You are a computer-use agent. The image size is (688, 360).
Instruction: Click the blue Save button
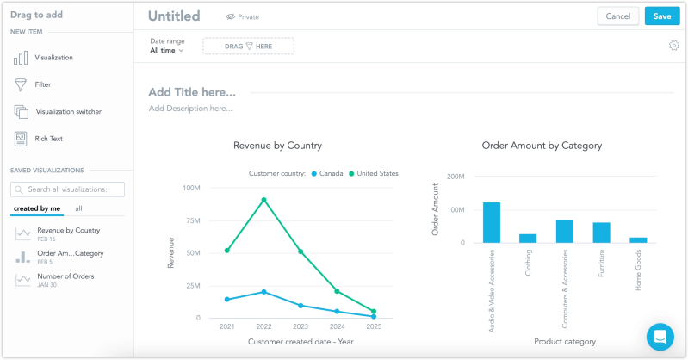click(661, 16)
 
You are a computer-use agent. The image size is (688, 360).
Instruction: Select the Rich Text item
click(48, 138)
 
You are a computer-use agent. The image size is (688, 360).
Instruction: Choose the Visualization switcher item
click(67, 111)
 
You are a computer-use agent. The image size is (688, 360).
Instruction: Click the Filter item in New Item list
click(42, 84)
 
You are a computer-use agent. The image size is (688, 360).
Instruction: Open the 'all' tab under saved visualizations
click(78, 208)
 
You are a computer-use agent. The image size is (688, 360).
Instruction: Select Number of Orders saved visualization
click(65, 276)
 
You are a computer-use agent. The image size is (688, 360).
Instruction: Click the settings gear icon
click(673, 46)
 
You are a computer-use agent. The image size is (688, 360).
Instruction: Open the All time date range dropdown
click(167, 51)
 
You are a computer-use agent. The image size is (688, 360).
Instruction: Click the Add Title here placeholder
click(192, 92)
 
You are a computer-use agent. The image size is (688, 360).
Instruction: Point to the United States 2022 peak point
click(263, 200)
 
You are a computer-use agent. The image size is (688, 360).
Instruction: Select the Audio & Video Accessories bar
click(492, 222)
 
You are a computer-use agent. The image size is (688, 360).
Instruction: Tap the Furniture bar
click(601, 232)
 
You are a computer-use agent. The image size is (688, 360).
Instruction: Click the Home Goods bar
click(638, 239)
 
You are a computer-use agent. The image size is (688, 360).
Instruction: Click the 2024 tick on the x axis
click(337, 327)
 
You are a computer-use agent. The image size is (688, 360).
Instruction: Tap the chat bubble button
click(660, 337)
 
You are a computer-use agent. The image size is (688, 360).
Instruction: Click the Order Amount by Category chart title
click(542, 146)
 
